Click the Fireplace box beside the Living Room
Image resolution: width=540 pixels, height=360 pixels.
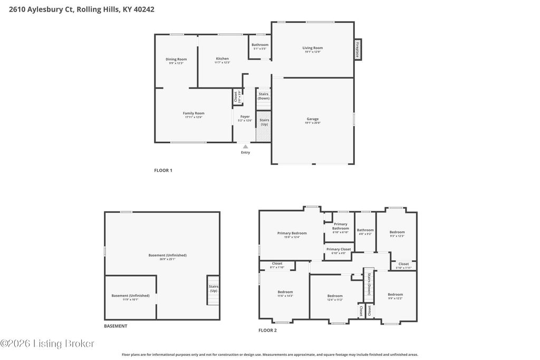tap(358, 50)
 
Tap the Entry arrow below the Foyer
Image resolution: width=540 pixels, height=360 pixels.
tap(246, 147)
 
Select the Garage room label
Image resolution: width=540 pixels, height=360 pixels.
tap(312, 119)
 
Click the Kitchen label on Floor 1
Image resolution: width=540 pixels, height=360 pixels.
tap(222, 59)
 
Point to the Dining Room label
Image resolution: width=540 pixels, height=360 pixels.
tap(176, 60)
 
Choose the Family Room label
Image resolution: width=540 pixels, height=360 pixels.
tap(194, 113)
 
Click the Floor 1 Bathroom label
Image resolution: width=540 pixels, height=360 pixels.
tap(260, 45)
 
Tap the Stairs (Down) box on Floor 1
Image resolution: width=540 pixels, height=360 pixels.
tap(264, 96)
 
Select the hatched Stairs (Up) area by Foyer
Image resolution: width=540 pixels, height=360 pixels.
tap(263, 127)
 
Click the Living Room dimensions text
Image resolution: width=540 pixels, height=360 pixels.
tap(312, 52)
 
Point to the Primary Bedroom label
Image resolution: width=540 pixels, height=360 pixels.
tap(292, 233)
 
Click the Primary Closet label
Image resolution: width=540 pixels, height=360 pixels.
tap(339, 249)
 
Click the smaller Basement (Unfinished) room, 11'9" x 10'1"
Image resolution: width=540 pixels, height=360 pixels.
tap(130, 296)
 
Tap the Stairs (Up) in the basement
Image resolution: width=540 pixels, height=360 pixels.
tap(214, 289)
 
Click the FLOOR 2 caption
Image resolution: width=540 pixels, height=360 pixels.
tap(267, 330)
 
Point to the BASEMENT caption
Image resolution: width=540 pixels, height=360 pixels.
tap(115, 326)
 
